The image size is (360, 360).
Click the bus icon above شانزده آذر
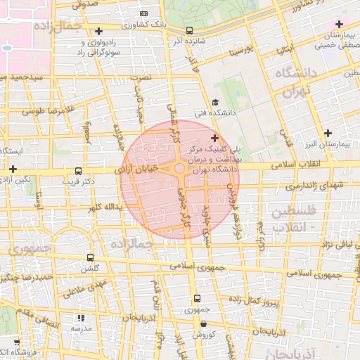[189, 30]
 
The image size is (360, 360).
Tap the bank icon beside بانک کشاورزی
[144, 13]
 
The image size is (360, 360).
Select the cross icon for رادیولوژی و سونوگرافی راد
[98, 31]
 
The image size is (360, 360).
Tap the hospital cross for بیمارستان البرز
[328, 133]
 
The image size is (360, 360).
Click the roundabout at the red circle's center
[180, 169]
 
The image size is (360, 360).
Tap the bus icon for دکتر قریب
[77, 171]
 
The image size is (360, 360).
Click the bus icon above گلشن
[89, 257]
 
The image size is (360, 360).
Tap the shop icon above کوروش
[203, 324]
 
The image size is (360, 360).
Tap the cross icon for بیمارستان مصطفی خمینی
[339, 25]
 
